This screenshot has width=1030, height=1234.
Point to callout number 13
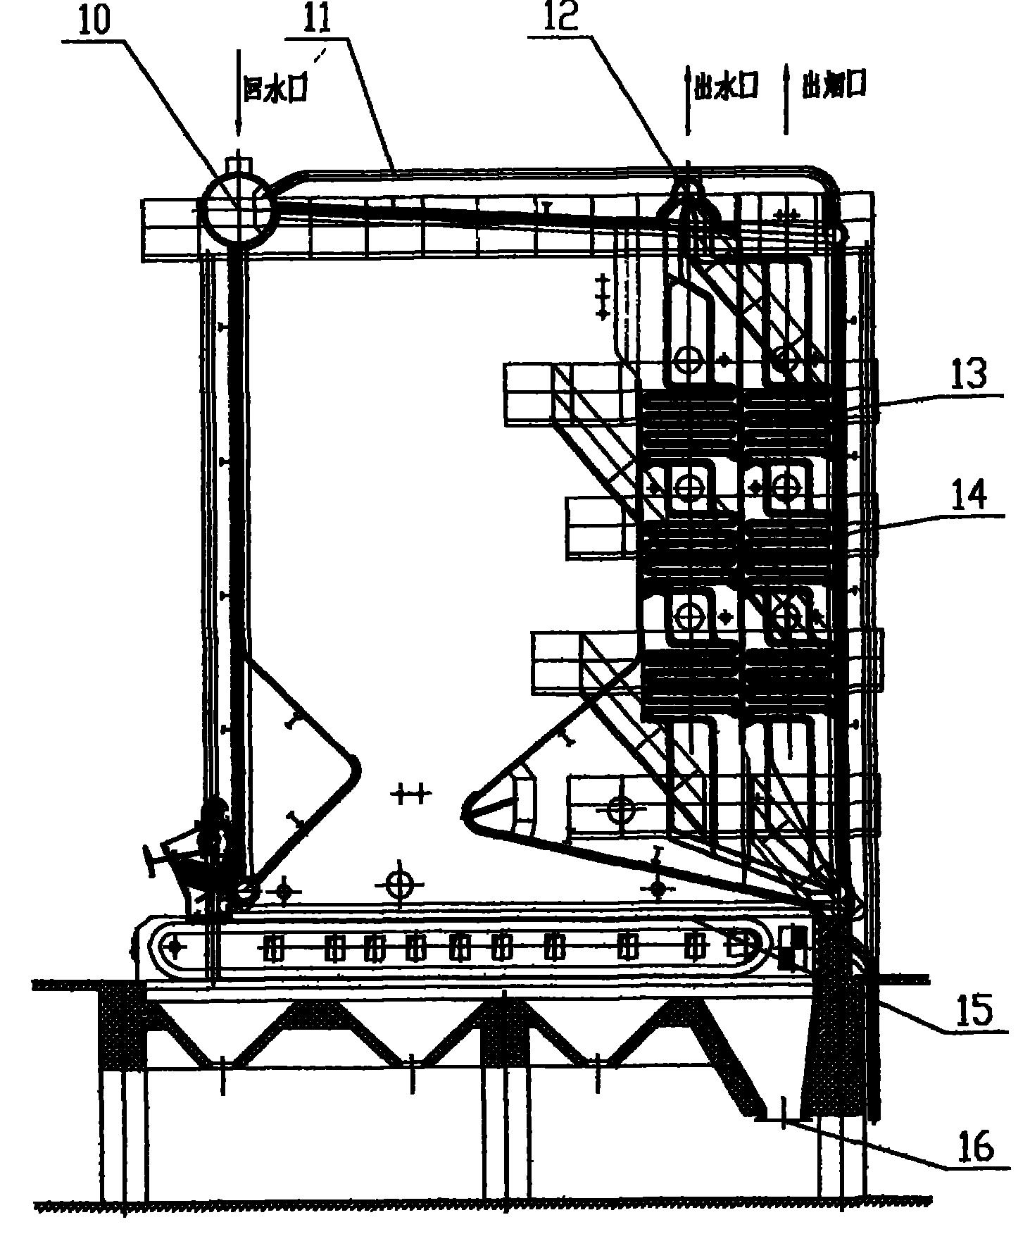point(970,376)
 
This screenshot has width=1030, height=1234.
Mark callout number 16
point(976,1146)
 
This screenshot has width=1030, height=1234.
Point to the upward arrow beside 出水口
point(688,99)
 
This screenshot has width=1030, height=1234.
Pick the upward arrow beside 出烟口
point(786,99)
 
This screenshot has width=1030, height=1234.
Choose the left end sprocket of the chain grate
point(175,947)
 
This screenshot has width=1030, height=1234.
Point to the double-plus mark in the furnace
point(410,795)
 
